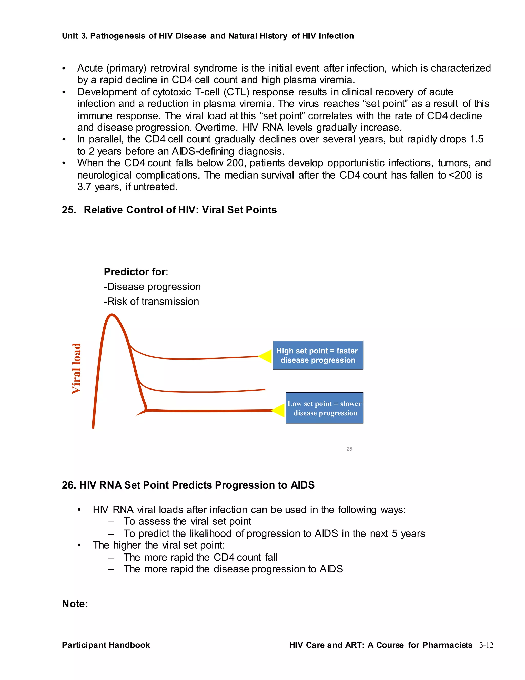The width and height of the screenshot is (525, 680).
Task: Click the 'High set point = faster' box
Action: coord(318,355)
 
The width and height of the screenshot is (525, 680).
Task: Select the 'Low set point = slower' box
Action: coord(324,408)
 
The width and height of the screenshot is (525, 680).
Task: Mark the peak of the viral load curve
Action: coord(111,315)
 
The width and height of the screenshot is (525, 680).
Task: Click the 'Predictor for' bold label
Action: coord(135,272)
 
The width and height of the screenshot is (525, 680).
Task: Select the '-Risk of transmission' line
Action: coord(151,302)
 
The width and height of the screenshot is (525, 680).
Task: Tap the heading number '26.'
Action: coord(69,485)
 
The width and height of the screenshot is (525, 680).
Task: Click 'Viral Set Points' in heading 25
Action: coord(239,210)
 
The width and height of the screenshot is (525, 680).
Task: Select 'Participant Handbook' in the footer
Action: coord(106,645)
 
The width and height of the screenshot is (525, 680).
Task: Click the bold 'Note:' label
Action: coord(75,604)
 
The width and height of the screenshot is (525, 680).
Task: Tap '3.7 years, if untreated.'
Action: coord(127,187)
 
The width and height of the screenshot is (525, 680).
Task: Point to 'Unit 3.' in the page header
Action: coord(75,36)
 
